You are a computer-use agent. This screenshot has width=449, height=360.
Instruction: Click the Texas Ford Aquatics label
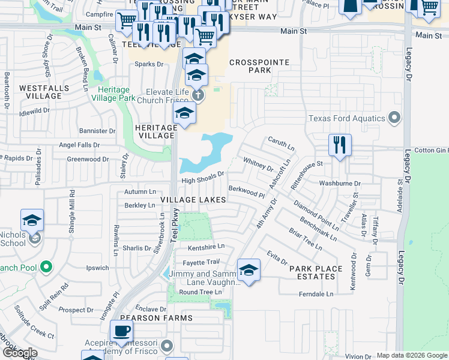coord(346,118)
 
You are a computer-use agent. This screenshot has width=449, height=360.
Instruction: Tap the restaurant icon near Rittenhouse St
coord(340,145)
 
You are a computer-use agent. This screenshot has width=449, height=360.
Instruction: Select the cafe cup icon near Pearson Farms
coord(122,331)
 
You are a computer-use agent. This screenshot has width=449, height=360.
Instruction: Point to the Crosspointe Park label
coord(259,66)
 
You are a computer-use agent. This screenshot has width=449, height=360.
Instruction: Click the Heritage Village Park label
coord(116,94)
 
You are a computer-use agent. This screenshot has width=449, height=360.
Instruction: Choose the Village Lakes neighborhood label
coord(193,199)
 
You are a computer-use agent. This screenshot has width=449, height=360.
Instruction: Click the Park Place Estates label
coord(316,272)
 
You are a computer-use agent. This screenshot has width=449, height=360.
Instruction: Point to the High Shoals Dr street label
coord(203,178)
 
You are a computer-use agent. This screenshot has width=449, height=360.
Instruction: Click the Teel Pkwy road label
coord(174,227)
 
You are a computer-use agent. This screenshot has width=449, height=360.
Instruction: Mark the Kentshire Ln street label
coord(206,246)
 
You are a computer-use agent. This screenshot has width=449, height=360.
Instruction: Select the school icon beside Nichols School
coord(32,220)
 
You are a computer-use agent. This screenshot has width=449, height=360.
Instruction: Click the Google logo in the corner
coord(20,353)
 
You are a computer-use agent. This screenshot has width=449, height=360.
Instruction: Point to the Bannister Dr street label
coord(97,130)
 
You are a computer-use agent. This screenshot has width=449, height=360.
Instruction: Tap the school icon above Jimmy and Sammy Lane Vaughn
coord(248,269)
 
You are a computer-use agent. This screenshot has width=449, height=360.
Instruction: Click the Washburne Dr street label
coord(340,184)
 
